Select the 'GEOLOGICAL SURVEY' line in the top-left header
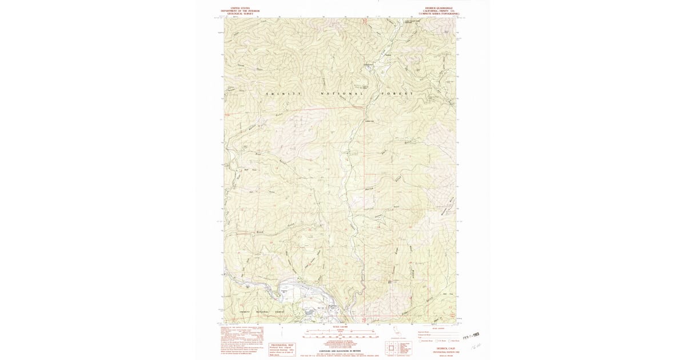coord(240,13)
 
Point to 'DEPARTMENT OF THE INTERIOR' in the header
coord(240,10)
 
